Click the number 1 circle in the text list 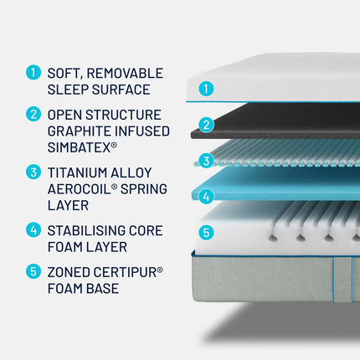(33, 73)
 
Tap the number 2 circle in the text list (33, 114)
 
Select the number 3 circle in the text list (33, 172)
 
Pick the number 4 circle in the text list (33, 229)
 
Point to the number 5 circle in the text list (33, 271)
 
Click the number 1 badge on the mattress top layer (207, 87)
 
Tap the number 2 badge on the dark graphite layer (207, 125)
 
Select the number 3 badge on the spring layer (207, 160)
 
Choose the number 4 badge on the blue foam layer (207, 197)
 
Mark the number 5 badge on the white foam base (207, 233)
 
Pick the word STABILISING (93, 229)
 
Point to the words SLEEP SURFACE (99, 90)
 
